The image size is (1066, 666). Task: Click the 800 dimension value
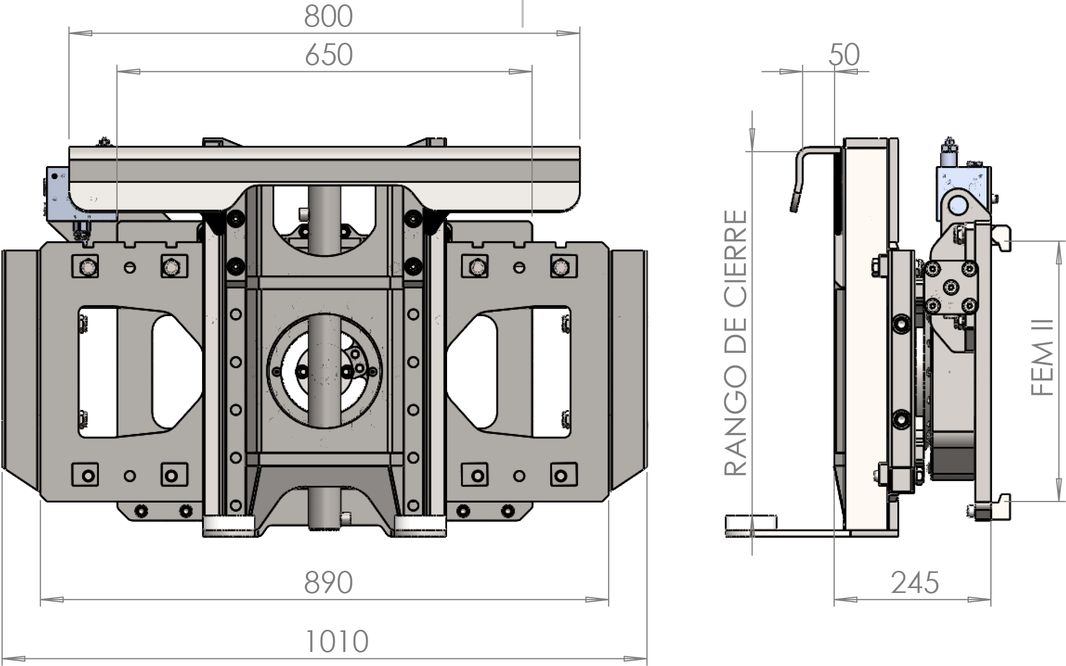tap(328, 16)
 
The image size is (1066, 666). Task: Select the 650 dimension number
tap(328, 55)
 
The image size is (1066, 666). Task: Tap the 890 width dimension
tap(328, 583)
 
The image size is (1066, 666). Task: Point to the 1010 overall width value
tap(337, 642)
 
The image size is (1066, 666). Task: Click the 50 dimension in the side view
tap(844, 55)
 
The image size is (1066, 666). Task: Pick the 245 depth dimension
tap(915, 583)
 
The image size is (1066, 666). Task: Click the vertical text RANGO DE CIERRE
tap(736, 344)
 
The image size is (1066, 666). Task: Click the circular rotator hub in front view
tap(324, 368)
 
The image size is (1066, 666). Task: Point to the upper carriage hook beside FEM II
tap(1001, 238)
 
